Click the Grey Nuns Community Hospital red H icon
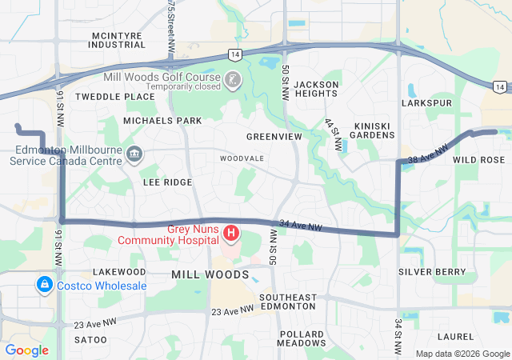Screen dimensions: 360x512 (230, 234)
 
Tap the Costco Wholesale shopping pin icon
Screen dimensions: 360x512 (45, 285)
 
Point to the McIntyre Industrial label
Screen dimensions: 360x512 (118, 40)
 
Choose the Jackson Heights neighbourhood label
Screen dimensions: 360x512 (316, 89)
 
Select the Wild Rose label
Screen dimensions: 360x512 (478, 160)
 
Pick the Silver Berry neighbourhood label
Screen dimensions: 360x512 (432, 272)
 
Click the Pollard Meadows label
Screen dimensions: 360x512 (302, 338)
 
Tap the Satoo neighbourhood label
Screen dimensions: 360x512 (90, 340)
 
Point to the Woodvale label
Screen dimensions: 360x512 (242, 158)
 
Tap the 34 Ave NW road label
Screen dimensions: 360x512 (300, 226)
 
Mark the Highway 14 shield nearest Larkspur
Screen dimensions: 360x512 (498, 86)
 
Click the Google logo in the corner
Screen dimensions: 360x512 (26, 350)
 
